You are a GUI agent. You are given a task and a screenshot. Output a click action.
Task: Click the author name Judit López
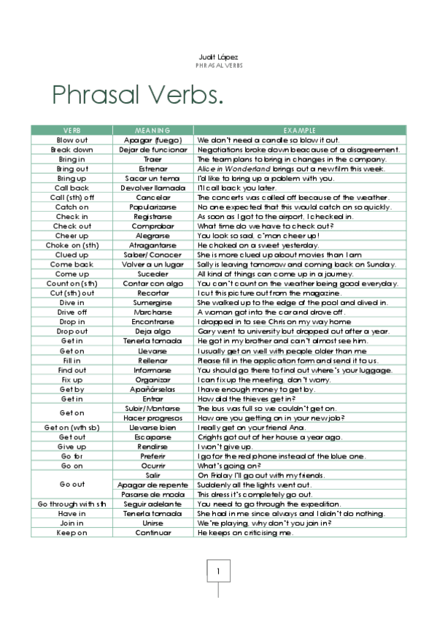click(218, 57)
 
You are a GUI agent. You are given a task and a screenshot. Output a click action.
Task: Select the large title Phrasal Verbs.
click(137, 95)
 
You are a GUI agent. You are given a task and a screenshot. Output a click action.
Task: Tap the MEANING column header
click(152, 130)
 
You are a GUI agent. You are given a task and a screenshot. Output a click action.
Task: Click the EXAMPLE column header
click(299, 130)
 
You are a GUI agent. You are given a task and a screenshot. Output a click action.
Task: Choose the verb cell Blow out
click(71, 139)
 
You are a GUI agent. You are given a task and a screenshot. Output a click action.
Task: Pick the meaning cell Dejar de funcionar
click(152, 149)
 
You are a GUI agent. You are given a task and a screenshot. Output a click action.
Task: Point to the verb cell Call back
click(71, 188)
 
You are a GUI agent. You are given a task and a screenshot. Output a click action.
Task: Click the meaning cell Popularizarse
click(152, 207)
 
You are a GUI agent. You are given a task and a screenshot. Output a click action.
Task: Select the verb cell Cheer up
click(71, 235)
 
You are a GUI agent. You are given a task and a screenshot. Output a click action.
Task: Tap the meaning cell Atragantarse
click(152, 245)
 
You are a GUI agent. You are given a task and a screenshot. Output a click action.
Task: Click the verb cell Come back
click(71, 264)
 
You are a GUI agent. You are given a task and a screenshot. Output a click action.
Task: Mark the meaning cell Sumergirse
click(152, 302)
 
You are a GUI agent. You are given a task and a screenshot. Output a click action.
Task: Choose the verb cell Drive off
click(71, 312)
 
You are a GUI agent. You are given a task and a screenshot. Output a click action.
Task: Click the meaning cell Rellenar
click(152, 360)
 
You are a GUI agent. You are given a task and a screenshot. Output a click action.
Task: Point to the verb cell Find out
click(71, 369)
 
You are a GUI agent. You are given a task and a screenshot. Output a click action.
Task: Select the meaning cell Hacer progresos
click(152, 418)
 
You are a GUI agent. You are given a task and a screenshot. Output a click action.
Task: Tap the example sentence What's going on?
click(229, 466)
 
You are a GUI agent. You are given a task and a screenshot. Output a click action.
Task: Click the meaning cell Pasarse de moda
click(152, 494)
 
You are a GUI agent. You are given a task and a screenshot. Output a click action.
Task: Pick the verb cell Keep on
click(71, 532)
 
